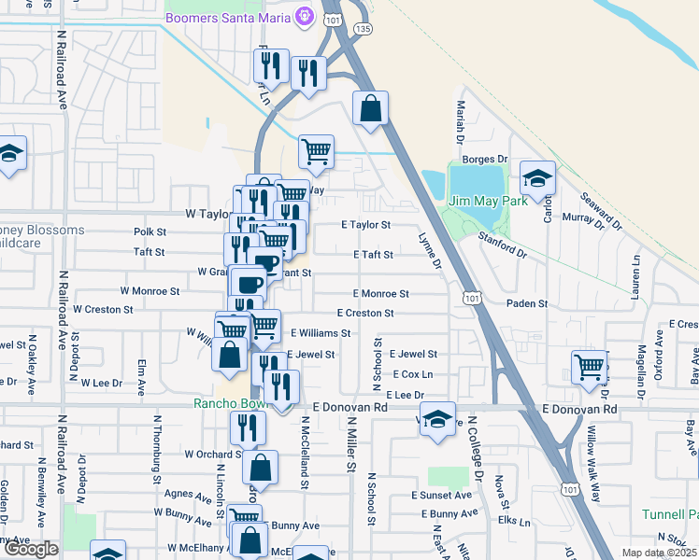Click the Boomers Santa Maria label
point(226,18)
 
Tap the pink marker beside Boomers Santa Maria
point(303,17)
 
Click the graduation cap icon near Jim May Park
point(537,177)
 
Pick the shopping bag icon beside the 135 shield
point(371,108)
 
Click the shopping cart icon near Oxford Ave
point(589,366)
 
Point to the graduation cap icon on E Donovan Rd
point(436,419)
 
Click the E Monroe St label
point(380,293)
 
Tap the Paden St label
point(526,304)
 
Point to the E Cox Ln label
point(413,374)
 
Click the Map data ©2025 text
point(658,553)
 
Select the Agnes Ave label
point(186,494)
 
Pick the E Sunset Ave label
point(445,496)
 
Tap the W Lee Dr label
point(102,383)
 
